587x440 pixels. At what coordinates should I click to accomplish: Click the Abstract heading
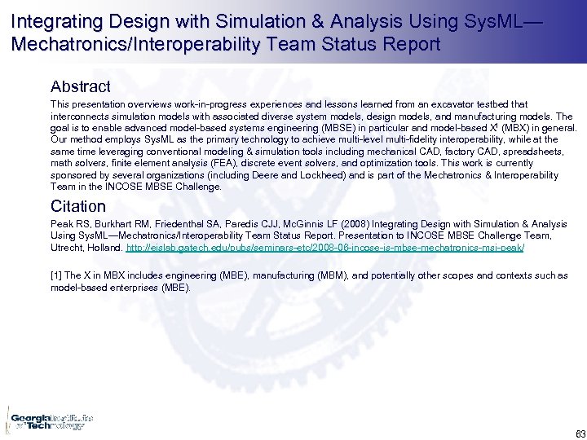80,86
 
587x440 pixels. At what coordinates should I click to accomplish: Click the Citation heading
77,206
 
